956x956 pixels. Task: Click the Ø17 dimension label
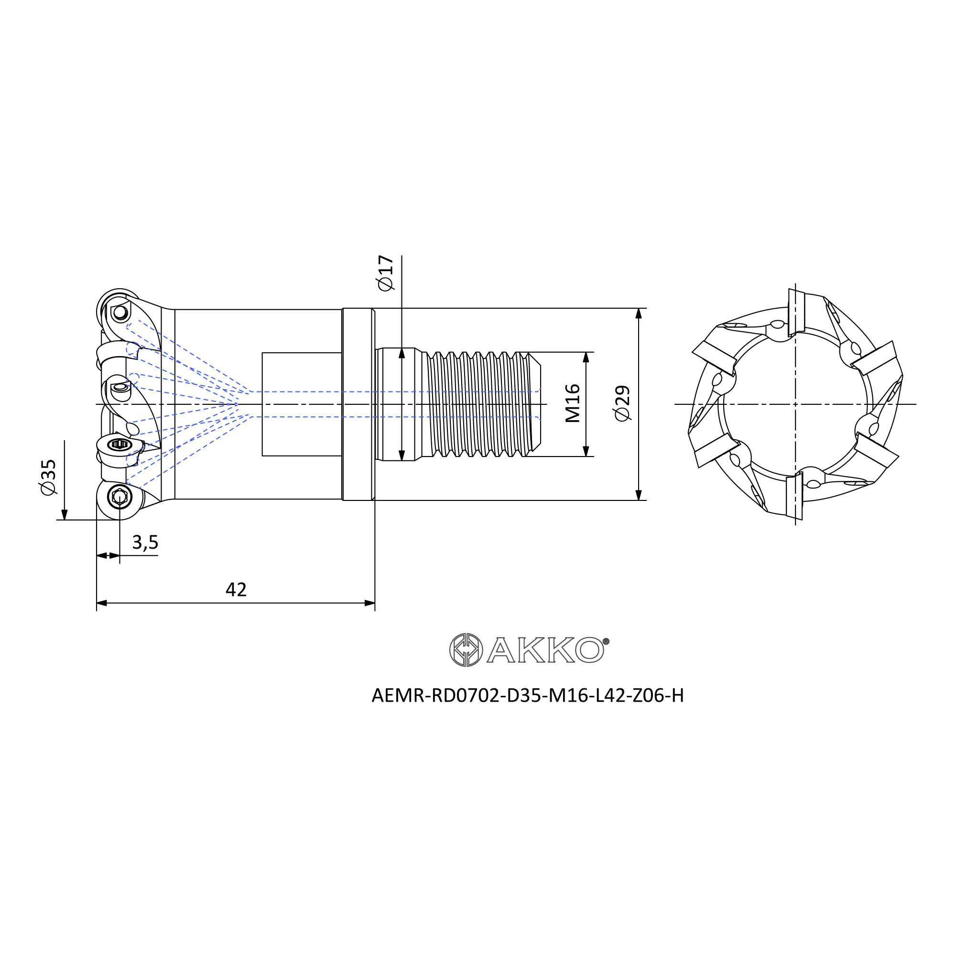point(385,273)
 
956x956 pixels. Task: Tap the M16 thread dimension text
point(573,403)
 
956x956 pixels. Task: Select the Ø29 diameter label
point(622,403)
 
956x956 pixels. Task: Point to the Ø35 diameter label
point(48,477)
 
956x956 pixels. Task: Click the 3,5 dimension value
point(145,543)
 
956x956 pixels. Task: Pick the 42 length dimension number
point(236,589)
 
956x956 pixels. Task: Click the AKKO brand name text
point(545,649)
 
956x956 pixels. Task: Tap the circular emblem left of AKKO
point(466,650)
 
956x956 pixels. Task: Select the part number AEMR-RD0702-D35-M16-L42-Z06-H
point(528,695)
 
